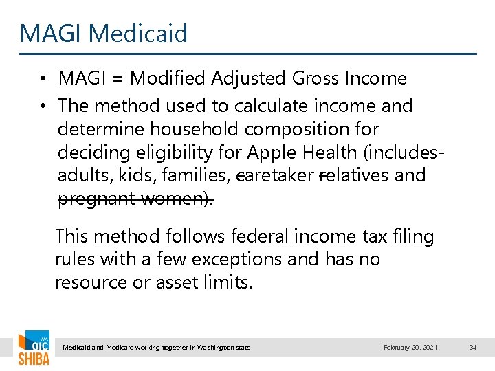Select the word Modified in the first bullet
pos(163,79)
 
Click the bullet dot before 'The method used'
pos(43,106)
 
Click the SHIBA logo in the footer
pos(33,349)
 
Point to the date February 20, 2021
pos(410,348)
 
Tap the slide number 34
pos(472,348)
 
